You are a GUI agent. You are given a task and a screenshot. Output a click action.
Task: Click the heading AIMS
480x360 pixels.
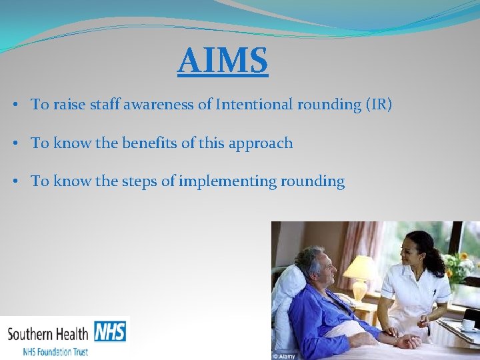click(223, 61)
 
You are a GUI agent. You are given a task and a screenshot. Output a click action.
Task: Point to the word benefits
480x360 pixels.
click(155, 143)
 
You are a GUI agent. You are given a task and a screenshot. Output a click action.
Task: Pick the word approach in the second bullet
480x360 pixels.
click(261, 144)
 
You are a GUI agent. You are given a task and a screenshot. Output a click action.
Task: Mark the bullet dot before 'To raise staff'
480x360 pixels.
click(14, 105)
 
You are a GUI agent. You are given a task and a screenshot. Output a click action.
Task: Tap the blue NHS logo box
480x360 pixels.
click(110, 331)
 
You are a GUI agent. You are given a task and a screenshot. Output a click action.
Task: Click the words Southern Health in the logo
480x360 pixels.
click(49, 333)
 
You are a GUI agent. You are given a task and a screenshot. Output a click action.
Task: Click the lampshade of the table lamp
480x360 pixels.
click(359, 267)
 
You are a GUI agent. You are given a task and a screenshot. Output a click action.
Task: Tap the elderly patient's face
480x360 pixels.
click(321, 269)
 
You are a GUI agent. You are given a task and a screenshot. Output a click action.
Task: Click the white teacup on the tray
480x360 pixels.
click(469, 325)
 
